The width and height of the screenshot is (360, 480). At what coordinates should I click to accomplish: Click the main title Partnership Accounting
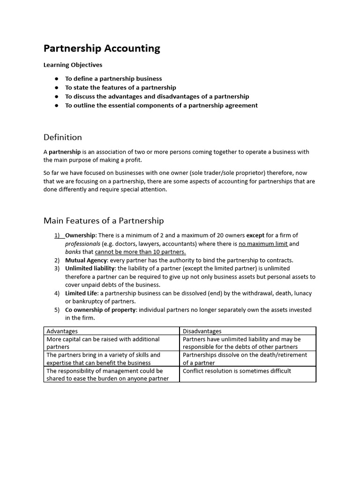102,48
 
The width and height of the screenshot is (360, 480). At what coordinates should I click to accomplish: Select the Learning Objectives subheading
73,65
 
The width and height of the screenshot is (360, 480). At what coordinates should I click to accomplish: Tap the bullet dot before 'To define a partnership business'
56,79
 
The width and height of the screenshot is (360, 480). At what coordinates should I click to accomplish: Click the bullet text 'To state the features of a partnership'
120,88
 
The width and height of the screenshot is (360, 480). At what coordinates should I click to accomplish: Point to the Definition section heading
62,137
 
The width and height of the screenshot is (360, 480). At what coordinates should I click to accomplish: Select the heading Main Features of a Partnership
104,220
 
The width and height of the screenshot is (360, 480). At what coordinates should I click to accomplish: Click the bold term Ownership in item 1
81,235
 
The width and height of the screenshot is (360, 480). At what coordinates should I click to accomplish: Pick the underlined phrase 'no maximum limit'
263,244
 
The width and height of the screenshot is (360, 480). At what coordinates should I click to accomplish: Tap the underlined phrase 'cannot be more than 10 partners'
140,252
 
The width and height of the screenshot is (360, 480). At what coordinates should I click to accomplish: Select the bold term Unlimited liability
90,268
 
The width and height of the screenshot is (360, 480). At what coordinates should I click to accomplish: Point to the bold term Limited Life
81,293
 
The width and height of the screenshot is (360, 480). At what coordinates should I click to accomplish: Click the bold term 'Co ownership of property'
101,309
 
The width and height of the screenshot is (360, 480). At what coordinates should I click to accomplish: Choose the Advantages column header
62,331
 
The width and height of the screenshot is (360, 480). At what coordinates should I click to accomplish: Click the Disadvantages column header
202,331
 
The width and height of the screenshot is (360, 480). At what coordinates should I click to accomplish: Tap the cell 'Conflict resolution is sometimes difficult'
237,371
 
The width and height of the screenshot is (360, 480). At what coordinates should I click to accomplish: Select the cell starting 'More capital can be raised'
103,343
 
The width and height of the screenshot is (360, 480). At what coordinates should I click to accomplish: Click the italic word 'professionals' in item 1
82,244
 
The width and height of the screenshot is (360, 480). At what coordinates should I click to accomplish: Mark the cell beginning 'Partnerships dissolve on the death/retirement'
241,359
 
